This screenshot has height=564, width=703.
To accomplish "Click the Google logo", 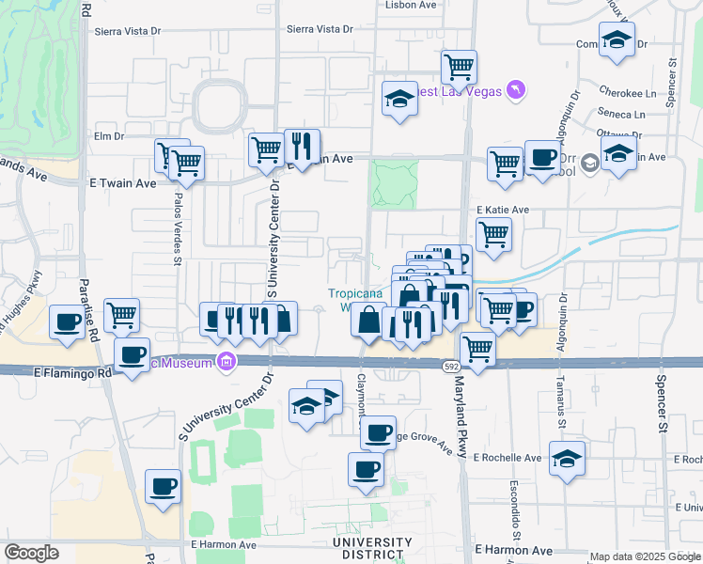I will pos(32,553).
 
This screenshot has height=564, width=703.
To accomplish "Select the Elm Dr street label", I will pos(109,136).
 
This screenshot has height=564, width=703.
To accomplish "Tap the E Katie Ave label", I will pos(503,210).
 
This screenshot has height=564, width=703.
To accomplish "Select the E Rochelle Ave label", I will pos(508,458).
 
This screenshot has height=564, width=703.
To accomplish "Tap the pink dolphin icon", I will pos(516,90).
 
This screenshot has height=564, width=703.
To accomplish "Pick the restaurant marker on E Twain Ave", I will pos(302,147).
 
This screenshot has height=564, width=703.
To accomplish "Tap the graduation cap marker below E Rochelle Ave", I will pos(568,460).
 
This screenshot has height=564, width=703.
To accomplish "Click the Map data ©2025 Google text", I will pos(646,556).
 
